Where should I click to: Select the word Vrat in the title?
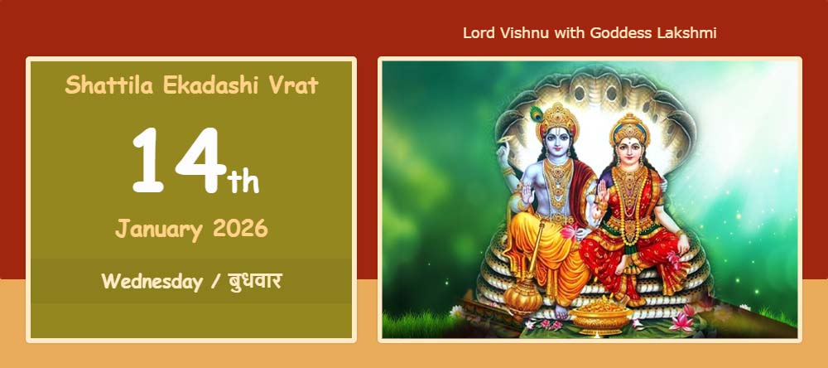pyautogui.click(x=294, y=85)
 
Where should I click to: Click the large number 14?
pyautogui.click(x=179, y=160)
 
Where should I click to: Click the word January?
pyautogui.click(x=159, y=230)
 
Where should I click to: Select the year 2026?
pyautogui.click(x=241, y=229)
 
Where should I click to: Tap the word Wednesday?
pyautogui.click(x=152, y=281)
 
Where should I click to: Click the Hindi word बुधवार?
pyautogui.click(x=255, y=281)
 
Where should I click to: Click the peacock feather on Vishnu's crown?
pyautogui.click(x=537, y=114)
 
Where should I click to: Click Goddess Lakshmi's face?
pyautogui.click(x=630, y=153)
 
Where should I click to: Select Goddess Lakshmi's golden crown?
pyautogui.click(x=629, y=128)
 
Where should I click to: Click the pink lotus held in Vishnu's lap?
pyautogui.click(x=570, y=231)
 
